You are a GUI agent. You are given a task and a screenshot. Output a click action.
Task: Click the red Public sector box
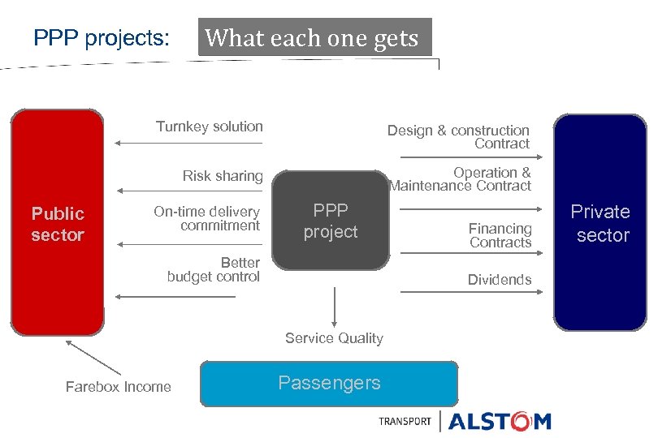[57, 222]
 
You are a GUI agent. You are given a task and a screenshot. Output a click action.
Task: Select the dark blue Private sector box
[600, 222]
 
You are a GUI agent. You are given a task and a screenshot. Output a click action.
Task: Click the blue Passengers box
[329, 383]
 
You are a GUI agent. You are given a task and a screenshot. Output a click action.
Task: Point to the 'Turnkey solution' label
[210, 127]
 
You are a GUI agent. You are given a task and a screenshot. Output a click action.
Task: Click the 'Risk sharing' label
[223, 176]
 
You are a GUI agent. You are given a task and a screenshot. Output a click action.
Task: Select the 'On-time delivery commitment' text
[207, 219]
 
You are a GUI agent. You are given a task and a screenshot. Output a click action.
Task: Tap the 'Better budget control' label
[214, 269]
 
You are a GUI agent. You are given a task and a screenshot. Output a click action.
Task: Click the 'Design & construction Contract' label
[459, 137]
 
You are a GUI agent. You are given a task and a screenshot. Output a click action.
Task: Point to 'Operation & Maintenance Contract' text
[461, 179]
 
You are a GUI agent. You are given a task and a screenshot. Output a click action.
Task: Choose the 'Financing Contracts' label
[500, 235]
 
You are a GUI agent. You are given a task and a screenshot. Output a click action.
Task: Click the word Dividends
[500, 280]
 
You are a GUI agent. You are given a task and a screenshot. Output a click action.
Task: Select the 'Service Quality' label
[334, 338]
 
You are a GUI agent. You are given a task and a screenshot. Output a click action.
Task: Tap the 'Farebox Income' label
[119, 387]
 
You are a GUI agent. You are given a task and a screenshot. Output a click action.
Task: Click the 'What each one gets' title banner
[314, 38]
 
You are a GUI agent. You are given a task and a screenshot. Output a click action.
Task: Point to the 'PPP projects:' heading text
[102, 38]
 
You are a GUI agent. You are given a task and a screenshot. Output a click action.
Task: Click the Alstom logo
[499, 421]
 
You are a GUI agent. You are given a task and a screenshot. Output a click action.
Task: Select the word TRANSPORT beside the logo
[405, 422]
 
